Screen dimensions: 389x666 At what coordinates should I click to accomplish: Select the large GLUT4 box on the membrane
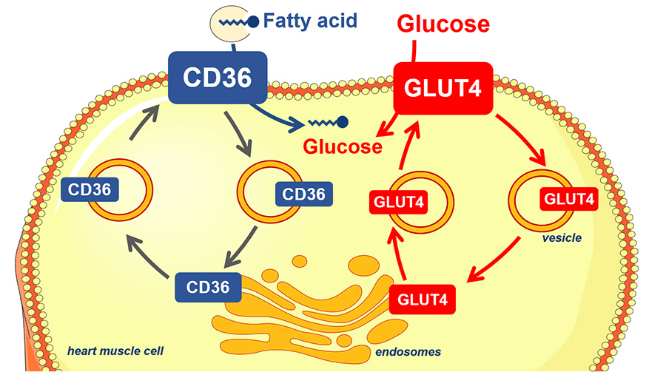tap(443, 88)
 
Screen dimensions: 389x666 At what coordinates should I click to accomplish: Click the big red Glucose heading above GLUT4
tap(443, 24)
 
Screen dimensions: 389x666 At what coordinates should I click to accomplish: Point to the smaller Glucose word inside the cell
tap(340, 146)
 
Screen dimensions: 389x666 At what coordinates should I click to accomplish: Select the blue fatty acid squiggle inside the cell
tap(327, 122)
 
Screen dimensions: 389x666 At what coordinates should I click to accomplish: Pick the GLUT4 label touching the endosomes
tap(422, 300)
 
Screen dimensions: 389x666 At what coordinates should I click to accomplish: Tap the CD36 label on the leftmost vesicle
tap(90, 190)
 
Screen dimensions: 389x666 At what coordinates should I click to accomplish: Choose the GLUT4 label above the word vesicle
tap(569, 199)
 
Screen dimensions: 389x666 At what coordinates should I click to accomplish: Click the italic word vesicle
tap(560, 238)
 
